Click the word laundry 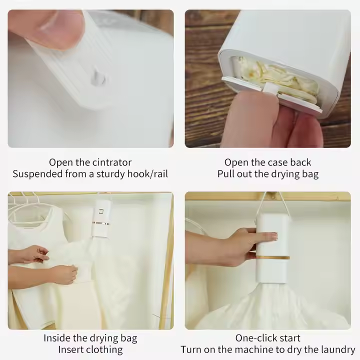334,349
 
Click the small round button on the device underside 98,78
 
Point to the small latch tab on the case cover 269,89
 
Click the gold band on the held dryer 273,258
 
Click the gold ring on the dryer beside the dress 100,223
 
